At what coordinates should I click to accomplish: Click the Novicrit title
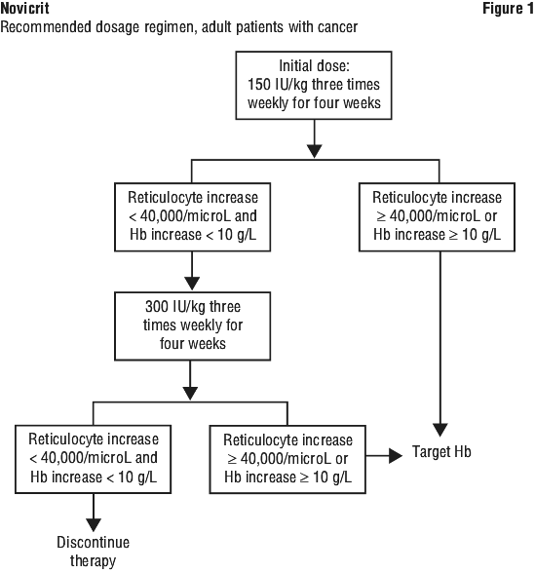tap(25, 9)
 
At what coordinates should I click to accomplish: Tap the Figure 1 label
tap(509, 9)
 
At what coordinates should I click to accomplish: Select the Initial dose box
tap(314, 86)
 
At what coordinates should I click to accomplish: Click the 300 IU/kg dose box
tap(193, 325)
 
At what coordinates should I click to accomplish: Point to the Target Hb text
tap(441, 452)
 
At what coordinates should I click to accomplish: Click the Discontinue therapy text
tap(94, 552)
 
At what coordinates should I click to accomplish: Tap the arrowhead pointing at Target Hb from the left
tap(396, 456)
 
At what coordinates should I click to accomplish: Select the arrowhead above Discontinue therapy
tap(94, 524)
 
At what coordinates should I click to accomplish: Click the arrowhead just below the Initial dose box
tap(314, 151)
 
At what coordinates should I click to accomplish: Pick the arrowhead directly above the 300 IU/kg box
tap(192, 284)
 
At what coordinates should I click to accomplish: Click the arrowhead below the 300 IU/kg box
tap(190, 394)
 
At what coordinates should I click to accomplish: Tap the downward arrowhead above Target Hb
tap(440, 430)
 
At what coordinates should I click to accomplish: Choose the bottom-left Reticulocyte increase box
tap(94, 459)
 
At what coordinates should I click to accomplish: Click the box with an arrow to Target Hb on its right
tap(287, 459)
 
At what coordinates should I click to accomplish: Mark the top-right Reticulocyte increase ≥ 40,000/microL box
tap(437, 217)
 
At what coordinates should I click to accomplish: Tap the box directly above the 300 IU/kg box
tap(193, 217)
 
